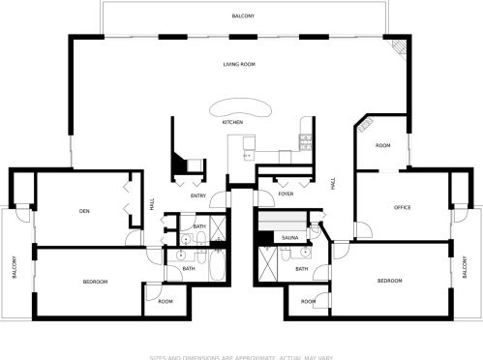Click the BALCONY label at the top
243,16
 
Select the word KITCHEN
232,123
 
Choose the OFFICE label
403,208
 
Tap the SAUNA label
289,237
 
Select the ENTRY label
198,196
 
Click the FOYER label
286,195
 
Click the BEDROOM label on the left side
94,281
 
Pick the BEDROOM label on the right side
390,280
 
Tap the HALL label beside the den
153,203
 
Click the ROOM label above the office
383,146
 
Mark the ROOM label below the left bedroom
166,301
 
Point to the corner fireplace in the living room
396,48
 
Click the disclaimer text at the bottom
241,355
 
